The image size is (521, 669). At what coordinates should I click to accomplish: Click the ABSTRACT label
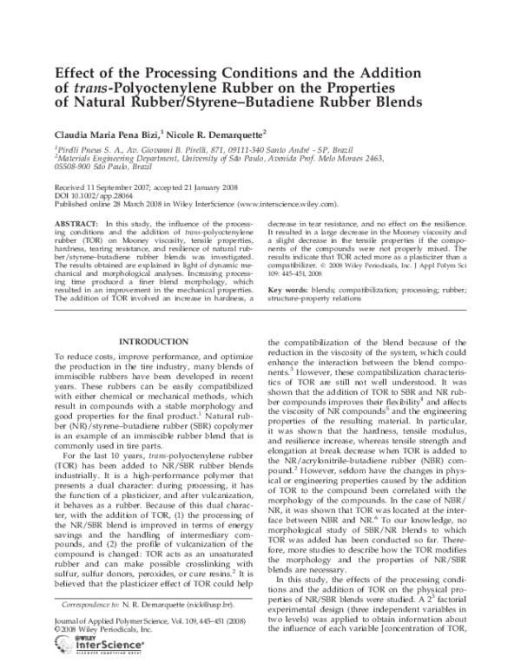pyautogui.click(x=75, y=223)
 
